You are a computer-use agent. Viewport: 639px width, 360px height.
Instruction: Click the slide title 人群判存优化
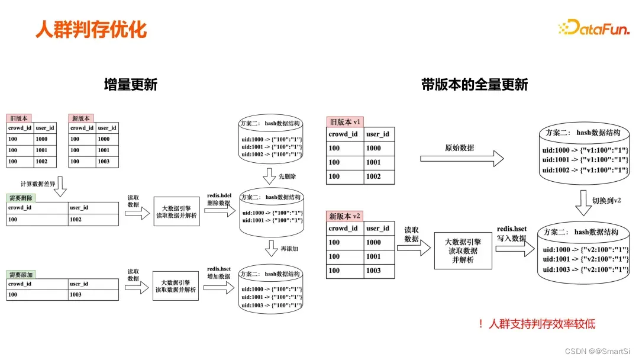pos(91,29)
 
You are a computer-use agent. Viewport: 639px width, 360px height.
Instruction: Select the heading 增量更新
pos(130,85)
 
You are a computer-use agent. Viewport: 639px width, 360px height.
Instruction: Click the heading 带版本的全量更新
pos(474,85)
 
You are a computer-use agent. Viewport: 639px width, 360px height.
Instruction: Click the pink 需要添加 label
pos(21,275)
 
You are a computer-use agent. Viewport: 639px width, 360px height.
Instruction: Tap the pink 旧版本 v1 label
pos(345,122)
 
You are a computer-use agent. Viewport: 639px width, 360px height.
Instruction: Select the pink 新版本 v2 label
pos(345,216)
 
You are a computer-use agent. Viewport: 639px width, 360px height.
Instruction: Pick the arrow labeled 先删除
pos(271,176)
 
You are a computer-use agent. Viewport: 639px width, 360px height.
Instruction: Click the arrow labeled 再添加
pos(271,249)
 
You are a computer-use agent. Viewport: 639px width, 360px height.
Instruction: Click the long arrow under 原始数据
pos(462,159)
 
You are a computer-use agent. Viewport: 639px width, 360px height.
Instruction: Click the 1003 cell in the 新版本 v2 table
pos(373,271)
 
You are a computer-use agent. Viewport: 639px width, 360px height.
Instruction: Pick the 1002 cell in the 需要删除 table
pos(76,219)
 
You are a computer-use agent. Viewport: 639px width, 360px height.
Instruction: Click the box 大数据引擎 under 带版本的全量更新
pos(463,250)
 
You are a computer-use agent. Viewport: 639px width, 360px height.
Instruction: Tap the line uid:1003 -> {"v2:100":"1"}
pos(585,269)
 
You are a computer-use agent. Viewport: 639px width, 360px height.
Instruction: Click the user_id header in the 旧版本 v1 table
pos(377,134)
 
